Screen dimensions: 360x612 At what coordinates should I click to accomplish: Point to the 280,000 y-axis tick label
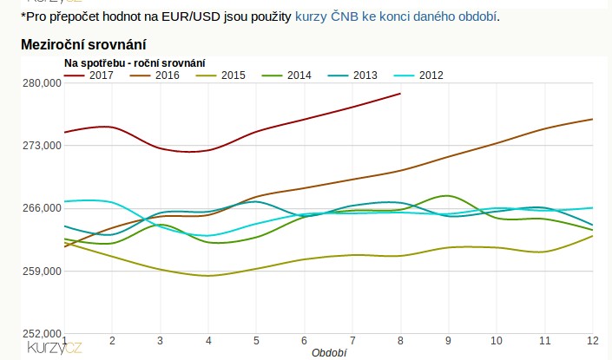tap(40, 83)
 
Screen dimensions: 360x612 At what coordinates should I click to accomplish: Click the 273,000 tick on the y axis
tap(40, 146)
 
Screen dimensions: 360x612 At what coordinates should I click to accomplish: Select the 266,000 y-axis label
tap(40, 208)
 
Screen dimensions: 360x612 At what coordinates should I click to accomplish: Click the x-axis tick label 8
tap(400, 340)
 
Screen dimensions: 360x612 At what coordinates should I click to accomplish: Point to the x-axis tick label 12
tap(591, 340)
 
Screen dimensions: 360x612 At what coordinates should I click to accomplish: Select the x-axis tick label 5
tap(256, 340)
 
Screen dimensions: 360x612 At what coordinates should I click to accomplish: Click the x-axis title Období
tap(329, 353)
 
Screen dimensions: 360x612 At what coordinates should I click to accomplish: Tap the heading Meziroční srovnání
tap(83, 44)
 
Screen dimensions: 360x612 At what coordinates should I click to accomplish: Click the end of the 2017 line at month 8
tap(400, 94)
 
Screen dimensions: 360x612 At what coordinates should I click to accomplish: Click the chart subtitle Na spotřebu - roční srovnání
tap(135, 62)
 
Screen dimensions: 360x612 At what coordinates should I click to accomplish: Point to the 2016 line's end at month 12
tap(592, 119)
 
